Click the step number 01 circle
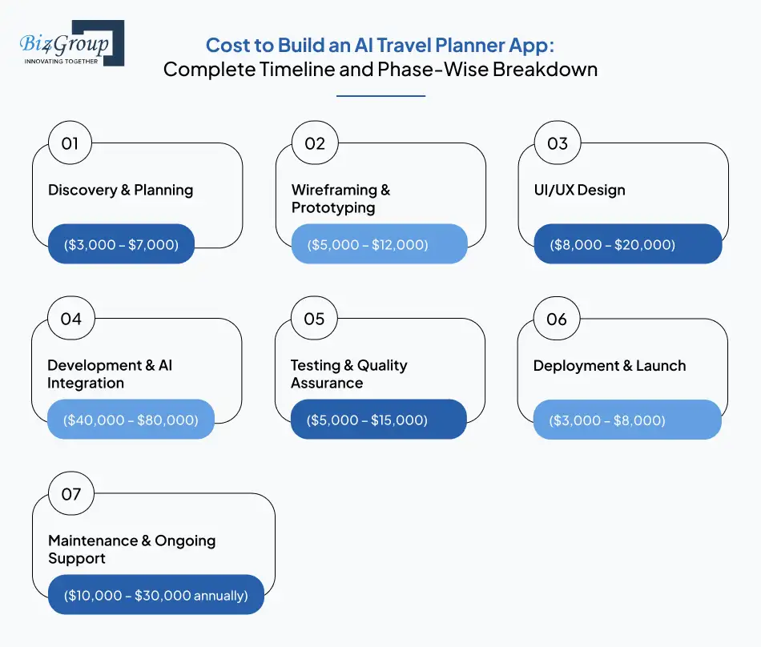click(70, 144)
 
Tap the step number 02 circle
click(314, 144)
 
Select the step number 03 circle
click(557, 144)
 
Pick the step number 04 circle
click(70, 319)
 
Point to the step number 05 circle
click(314, 319)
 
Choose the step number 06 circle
click(557, 319)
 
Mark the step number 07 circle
click(70, 494)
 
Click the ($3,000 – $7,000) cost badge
click(121, 244)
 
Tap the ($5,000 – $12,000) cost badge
click(379, 244)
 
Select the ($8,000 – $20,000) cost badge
click(628, 244)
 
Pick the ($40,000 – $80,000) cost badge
click(131, 420)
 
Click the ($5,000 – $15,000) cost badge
click(378, 420)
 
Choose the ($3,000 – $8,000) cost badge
click(627, 420)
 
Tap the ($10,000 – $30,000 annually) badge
click(155, 595)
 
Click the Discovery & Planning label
click(121, 191)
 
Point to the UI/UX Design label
click(579, 191)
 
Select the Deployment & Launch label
click(610, 366)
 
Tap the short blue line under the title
click(380, 96)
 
